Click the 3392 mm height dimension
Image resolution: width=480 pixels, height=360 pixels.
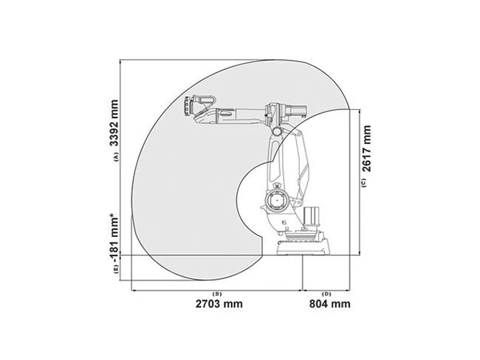pyautogui.click(x=114, y=123)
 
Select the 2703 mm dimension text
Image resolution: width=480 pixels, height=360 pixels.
pyautogui.click(x=219, y=304)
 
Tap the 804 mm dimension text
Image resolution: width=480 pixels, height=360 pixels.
pyautogui.click(x=329, y=304)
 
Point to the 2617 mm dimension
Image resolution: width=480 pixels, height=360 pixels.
pyautogui.click(x=366, y=149)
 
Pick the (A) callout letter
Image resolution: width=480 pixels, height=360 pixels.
pyautogui.click(x=116, y=156)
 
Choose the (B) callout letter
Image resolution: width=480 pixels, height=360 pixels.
pyautogui.click(x=217, y=294)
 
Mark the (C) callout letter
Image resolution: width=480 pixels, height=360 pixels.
pyautogui.click(x=363, y=183)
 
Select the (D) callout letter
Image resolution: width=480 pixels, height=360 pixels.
pyautogui.click(x=327, y=294)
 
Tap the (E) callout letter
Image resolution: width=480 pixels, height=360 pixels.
pyautogui.click(x=116, y=269)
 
